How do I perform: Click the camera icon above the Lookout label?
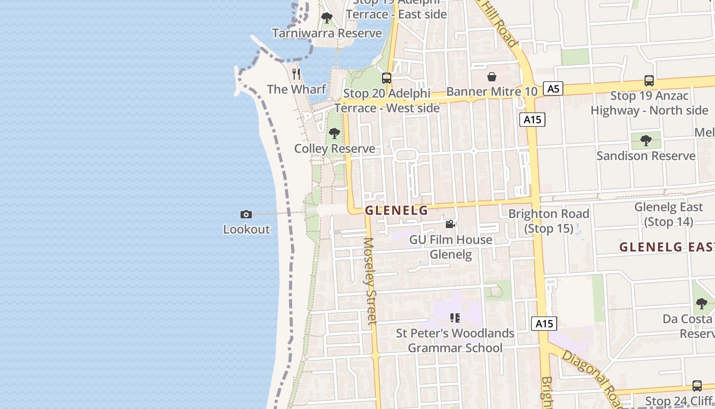coord(246,214)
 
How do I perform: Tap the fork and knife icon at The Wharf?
coord(296,74)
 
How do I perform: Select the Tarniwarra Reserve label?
coord(327,33)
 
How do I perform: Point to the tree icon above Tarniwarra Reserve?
coord(327,18)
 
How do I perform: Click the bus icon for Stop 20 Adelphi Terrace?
coord(387,78)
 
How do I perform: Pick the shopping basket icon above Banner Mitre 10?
coord(491,77)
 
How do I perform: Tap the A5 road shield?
coord(553,89)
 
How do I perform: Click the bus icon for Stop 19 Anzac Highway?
coord(649,80)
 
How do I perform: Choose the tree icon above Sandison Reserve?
coord(646,140)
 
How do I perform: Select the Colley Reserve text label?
coord(335,149)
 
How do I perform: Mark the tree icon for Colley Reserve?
coord(335,133)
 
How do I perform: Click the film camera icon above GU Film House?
coord(450,224)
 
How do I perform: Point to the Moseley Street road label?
coord(370,281)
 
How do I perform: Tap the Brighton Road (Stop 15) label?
coord(549,221)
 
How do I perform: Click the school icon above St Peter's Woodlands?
coord(455,318)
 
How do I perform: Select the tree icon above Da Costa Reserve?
coord(702,303)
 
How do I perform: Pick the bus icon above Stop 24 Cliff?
coord(697,385)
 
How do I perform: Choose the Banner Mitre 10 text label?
coord(492,92)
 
